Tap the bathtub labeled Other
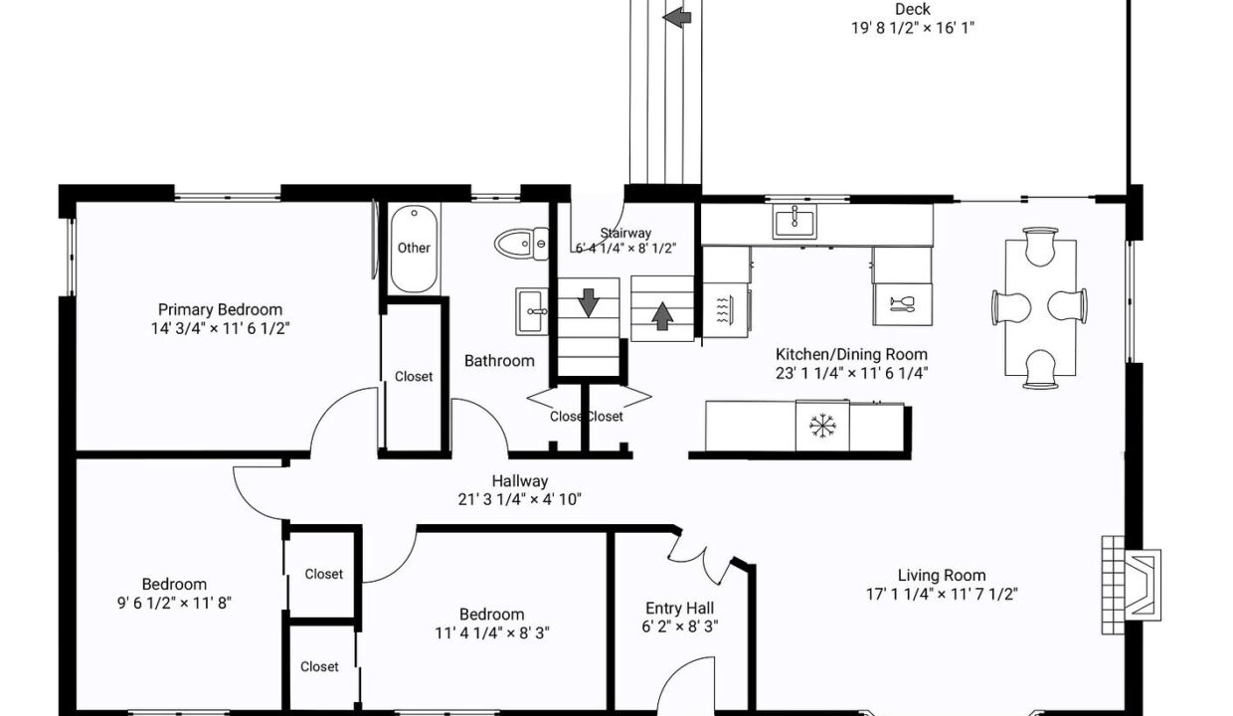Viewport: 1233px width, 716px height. [x=414, y=248]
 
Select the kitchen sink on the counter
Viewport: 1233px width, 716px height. [x=794, y=222]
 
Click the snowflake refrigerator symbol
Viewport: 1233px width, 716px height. [x=822, y=427]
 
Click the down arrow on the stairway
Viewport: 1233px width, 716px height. [x=589, y=302]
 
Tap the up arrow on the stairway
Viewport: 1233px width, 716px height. [x=662, y=315]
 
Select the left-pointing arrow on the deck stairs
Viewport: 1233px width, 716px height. [x=677, y=16]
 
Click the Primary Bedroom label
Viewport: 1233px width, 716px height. [x=220, y=309]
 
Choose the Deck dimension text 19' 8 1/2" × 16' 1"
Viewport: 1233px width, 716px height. [x=912, y=28]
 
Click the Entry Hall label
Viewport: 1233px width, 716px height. [x=679, y=609]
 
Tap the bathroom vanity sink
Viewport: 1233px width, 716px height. [x=534, y=311]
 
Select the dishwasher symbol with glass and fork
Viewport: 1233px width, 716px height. [x=903, y=304]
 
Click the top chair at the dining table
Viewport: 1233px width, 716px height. [x=1039, y=246]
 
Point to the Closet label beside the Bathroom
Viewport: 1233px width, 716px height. [x=414, y=376]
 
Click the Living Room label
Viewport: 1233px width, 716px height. [x=941, y=575]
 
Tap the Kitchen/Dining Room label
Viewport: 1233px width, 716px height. [x=851, y=354]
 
